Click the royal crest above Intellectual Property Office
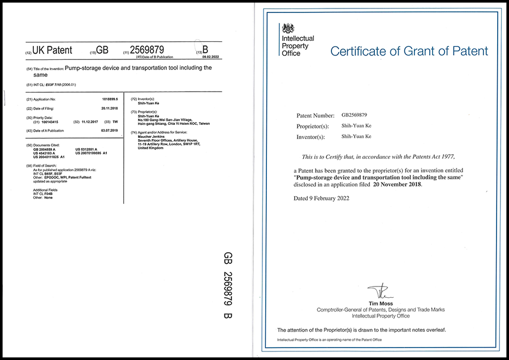288,29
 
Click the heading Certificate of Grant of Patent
409,51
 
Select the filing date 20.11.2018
109,108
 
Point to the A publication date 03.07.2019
109,131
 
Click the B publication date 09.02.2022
211,57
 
